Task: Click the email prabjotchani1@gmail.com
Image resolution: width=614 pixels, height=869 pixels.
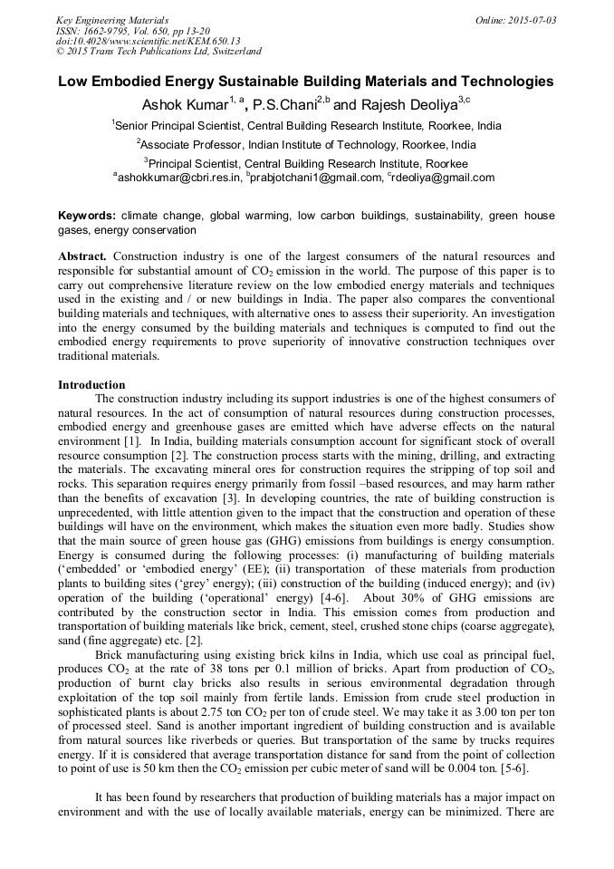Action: point(317,178)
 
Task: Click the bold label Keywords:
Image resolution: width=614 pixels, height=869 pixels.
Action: point(87,217)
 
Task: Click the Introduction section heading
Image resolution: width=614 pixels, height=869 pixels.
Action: point(91,385)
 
